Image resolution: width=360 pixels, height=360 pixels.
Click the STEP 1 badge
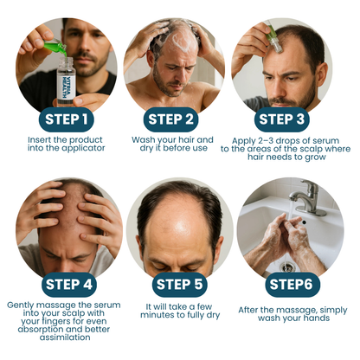click(x=67, y=119)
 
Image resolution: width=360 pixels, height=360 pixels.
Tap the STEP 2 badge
click(x=170, y=119)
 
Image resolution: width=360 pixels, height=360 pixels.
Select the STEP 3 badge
click(x=281, y=119)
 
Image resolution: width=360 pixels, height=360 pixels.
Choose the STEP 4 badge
click(x=69, y=285)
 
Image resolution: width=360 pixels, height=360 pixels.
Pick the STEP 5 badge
click(x=179, y=285)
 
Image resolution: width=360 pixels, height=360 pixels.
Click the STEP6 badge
click(x=292, y=285)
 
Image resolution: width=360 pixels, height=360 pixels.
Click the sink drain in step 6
click(x=287, y=267)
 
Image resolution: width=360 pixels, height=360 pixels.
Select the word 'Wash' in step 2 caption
click(x=143, y=140)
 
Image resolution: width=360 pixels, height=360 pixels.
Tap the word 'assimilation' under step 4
click(x=65, y=337)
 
